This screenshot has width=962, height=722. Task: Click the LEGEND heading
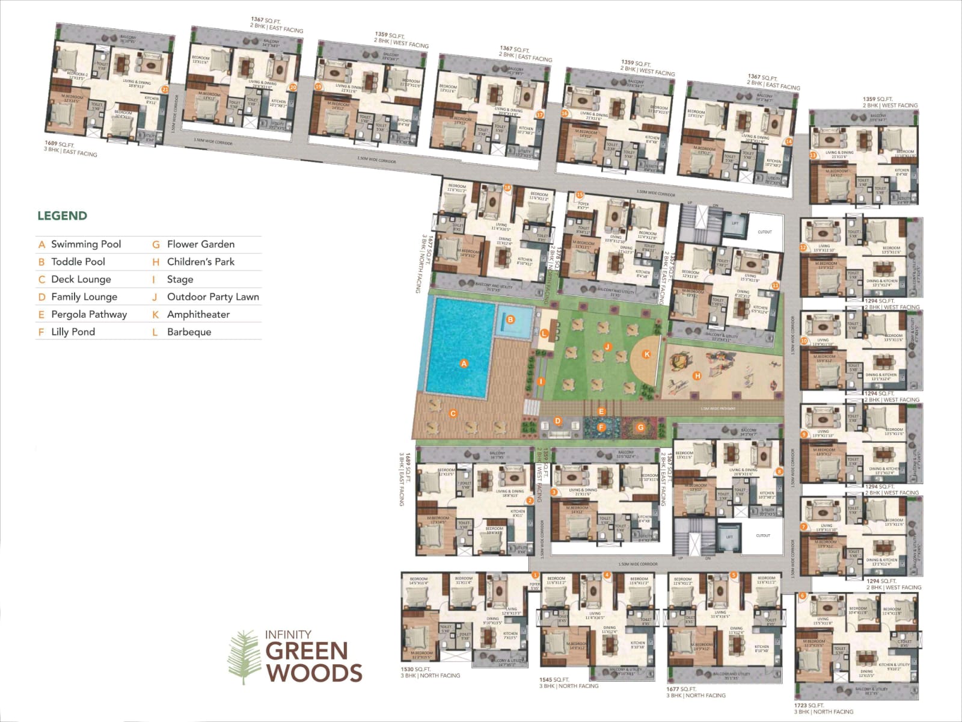tap(62, 216)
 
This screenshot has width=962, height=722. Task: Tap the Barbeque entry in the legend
tap(189, 332)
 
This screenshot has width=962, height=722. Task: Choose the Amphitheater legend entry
tap(198, 315)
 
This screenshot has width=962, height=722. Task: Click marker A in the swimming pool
tap(464, 363)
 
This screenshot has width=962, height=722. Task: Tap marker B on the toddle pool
tap(510, 319)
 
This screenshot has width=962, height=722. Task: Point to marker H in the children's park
tap(697, 376)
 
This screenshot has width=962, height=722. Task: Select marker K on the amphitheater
tap(647, 354)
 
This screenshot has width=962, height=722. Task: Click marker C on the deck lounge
tap(453, 414)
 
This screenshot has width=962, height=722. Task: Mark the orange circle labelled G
tap(640, 427)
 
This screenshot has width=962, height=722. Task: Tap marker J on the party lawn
tap(608, 347)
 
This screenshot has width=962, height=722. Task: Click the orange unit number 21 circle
tap(165, 88)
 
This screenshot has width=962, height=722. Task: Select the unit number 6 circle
tap(802, 596)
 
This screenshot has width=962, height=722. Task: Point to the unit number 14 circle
tap(789, 141)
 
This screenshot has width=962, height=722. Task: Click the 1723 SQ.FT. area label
tap(809, 705)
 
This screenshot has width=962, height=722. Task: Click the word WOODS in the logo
tap(314, 672)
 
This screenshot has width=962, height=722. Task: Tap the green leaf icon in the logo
tap(243, 656)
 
